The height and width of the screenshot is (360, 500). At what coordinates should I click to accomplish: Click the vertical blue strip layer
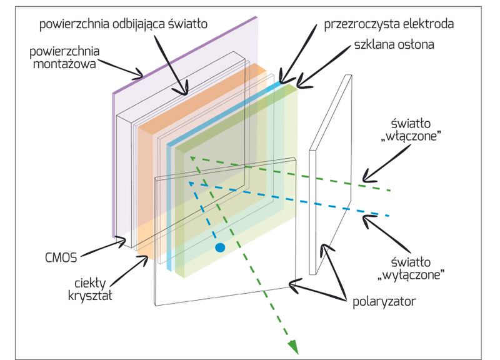(x=170, y=206)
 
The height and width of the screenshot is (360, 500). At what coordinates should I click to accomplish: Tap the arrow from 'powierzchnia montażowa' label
(x=119, y=68)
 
